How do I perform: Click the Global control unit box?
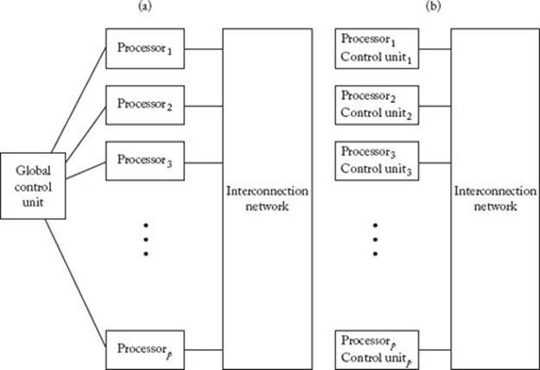click(33, 186)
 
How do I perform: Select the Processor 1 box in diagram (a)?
click(145, 48)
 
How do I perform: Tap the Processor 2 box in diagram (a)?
click(145, 105)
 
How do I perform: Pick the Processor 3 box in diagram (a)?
click(145, 161)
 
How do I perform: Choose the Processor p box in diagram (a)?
click(145, 350)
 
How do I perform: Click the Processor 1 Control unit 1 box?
click(377, 48)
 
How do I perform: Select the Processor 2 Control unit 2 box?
click(377, 105)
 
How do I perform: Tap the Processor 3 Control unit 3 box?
click(377, 161)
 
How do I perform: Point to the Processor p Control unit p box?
click(377, 350)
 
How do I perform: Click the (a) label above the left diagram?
click(144, 7)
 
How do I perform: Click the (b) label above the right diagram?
click(433, 7)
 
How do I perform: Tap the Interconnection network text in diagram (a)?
click(267, 199)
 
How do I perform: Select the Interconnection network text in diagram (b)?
click(495, 199)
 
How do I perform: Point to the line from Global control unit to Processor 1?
click(79, 100)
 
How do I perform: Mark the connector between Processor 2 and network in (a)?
click(204, 106)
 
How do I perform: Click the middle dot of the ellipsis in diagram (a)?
click(146, 239)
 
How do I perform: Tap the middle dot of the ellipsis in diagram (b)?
click(375, 239)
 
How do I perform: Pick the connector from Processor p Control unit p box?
click(435, 350)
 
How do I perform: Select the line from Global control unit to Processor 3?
click(86, 170)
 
